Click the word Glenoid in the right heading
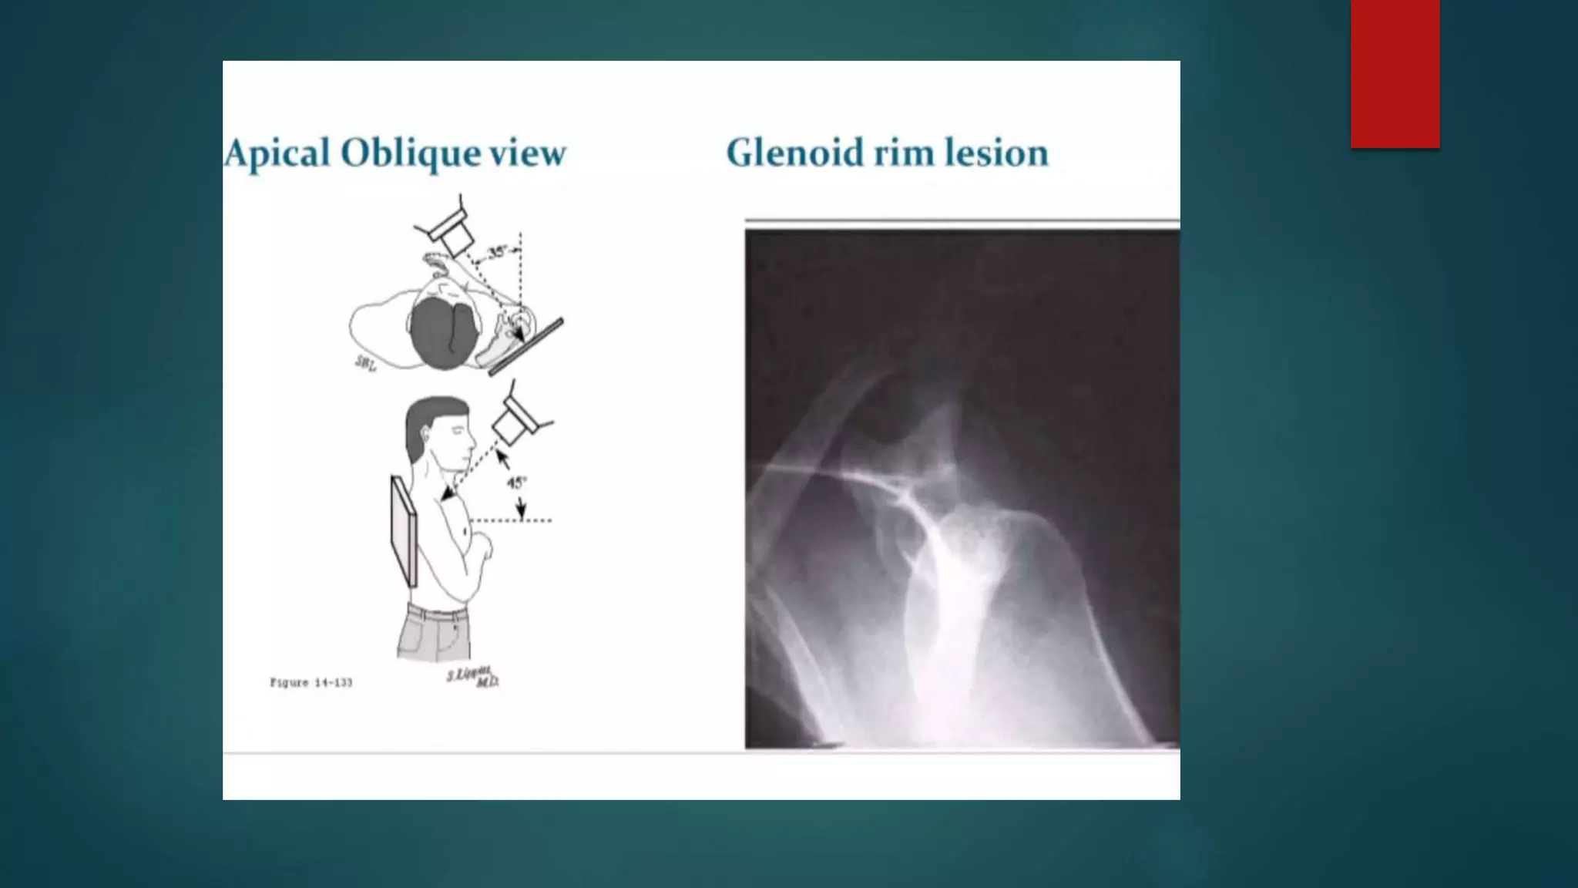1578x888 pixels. click(795, 153)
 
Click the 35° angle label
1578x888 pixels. click(498, 251)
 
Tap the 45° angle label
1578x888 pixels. click(515, 483)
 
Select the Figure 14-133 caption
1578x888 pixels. click(311, 682)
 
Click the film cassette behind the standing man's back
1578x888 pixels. click(404, 532)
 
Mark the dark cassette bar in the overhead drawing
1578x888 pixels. click(526, 346)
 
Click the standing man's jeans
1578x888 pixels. click(434, 632)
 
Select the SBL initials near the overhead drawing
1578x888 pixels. click(365, 363)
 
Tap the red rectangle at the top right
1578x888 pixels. click(1395, 74)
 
